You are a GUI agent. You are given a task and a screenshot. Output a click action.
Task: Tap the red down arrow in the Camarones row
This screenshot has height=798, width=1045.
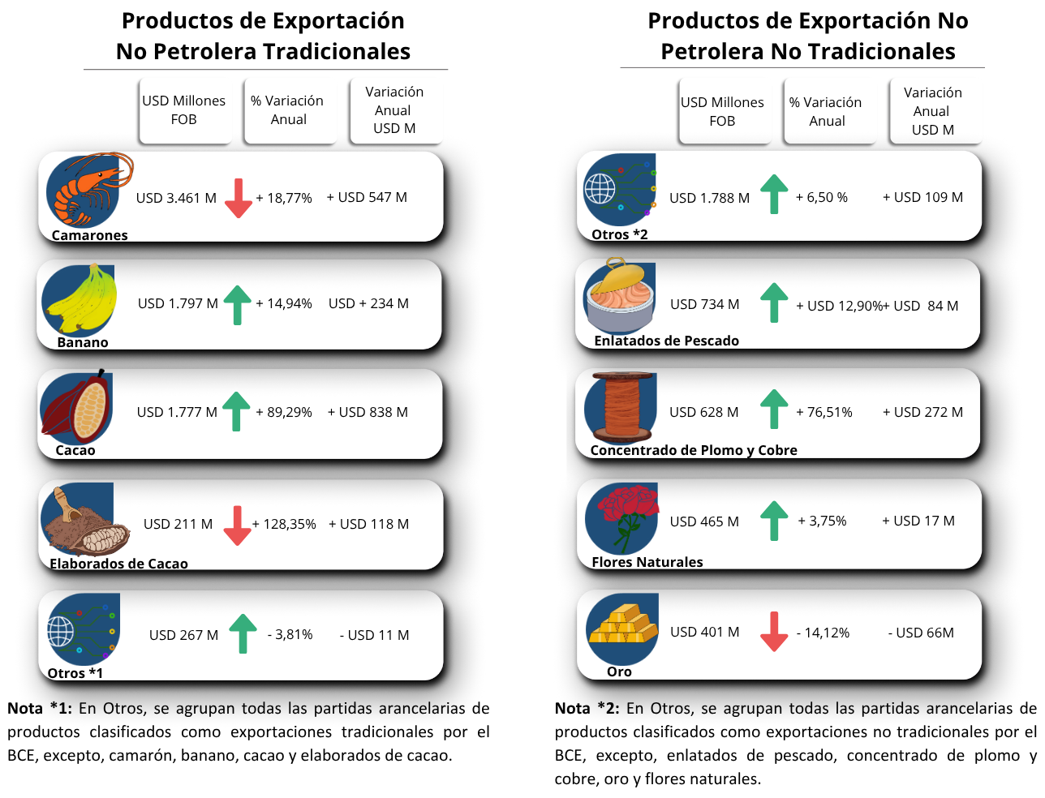tap(238, 198)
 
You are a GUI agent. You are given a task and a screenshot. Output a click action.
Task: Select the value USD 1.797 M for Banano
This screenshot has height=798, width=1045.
tap(178, 304)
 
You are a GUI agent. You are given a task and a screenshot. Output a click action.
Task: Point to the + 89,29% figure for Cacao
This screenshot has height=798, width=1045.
tap(284, 413)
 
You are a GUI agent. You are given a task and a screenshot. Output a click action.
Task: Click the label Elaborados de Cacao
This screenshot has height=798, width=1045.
tap(118, 564)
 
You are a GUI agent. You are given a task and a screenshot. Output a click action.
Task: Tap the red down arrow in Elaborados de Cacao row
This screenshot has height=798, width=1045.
tap(237, 526)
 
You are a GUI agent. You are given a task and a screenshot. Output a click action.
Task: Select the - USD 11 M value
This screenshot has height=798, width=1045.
tap(374, 636)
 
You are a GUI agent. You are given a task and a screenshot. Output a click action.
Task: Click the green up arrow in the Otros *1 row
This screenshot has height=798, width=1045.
tap(243, 633)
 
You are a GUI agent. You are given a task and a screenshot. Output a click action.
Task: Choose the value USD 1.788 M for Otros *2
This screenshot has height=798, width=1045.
tap(709, 199)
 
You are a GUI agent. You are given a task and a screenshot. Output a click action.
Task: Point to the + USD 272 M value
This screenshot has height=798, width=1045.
tap(922, 413)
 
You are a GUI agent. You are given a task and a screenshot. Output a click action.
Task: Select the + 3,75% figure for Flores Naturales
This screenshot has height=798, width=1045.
tap(822, 521)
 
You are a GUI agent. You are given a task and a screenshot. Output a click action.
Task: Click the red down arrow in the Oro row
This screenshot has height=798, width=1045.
tap(774, 632)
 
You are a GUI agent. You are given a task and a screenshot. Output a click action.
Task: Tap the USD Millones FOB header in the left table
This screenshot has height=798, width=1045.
tap(184, 110)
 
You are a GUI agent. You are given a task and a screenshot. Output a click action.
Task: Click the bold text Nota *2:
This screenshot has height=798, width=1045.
tap(587, 709)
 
